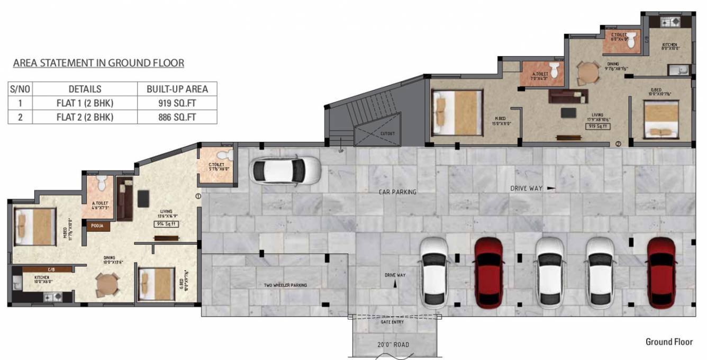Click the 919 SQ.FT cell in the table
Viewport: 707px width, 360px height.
[177, 103]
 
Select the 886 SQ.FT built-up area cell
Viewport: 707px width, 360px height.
[177, 117]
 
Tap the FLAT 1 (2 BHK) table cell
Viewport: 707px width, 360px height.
[85, 103]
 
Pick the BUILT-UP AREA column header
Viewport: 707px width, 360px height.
[177, 89]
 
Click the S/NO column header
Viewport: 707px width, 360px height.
[20, 89]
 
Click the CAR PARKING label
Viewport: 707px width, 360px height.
[397, 192]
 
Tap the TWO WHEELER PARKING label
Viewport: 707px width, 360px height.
[285, 285]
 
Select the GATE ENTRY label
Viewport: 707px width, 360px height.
[392, 322]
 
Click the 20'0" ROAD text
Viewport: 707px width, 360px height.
[392, 345]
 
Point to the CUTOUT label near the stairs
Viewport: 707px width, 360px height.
[387, 134]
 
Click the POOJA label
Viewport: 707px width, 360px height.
[97, 226]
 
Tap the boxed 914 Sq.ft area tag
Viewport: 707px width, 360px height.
[167, 224]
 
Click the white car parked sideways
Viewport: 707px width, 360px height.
[286, 170]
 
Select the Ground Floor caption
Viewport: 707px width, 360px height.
[669, 342]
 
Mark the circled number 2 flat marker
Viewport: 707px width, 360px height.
[618, 143]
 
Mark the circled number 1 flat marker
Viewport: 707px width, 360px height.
[198, 196]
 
